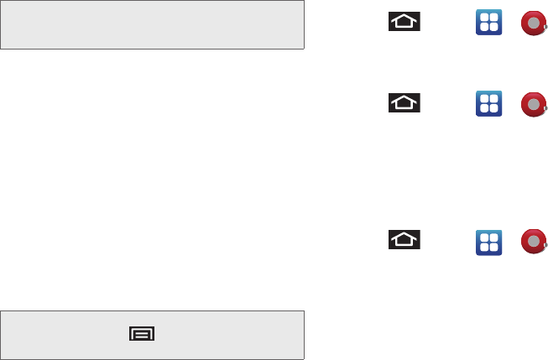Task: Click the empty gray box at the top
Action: [x=152, y=25]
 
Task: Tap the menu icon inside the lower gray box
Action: [x=141, y=334]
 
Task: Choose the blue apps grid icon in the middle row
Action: [x=488, y=103]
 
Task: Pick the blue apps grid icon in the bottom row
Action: [x=488, y=241]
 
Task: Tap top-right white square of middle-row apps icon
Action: [x=493, y=98]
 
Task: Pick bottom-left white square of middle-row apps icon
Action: [x=483, y=108]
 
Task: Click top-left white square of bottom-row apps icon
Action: [x=483, y=236]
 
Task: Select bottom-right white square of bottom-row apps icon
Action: [x=493, y=246]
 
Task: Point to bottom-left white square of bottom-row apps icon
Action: [x=483, y=246]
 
